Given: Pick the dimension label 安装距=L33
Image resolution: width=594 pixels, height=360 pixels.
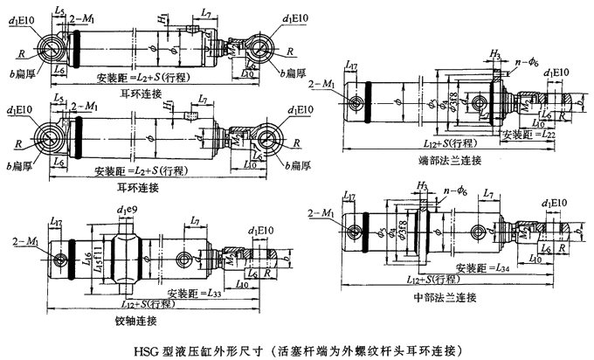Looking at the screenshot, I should [194, 293].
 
